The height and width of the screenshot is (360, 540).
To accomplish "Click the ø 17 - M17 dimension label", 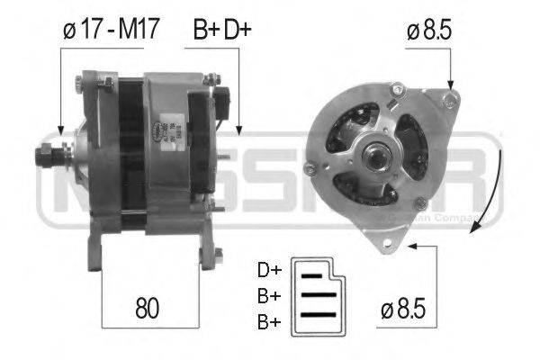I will click(109, 30).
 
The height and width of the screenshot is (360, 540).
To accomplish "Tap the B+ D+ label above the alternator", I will click(222, 30).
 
